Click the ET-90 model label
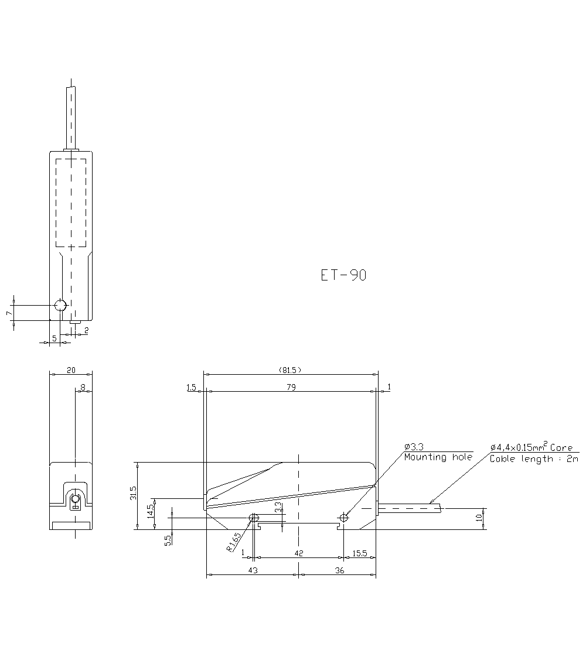(343, 276)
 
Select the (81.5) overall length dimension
(291, 369)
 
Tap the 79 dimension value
(291, 387)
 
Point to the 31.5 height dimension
(134, 492)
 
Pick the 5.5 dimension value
(168, 540)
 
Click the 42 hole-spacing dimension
(298, 553)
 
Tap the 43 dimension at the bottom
(253, 570)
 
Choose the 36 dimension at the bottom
(339, 570)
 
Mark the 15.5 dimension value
(360, 553)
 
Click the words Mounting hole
(438, 457)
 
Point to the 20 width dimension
(71, 369)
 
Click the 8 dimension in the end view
(83, 387)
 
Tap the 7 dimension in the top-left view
(9, 313)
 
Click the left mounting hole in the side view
(254, 517)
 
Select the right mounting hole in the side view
(344, 516)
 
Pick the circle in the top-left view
(60, 305)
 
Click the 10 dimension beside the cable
(479, 517)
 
